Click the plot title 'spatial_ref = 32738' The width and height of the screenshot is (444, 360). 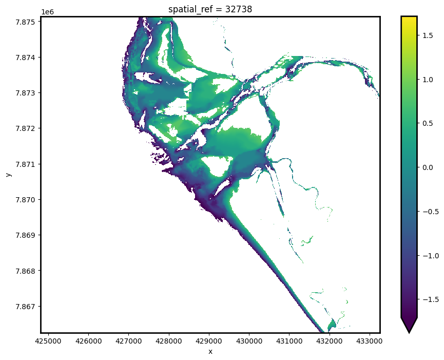[210, 9]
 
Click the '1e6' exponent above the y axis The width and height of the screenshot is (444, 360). [47, 11]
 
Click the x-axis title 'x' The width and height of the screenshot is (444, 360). [210, 351]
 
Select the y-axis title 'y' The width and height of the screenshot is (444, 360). [9, 175]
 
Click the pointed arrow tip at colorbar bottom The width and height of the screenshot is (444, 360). [409, 331]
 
